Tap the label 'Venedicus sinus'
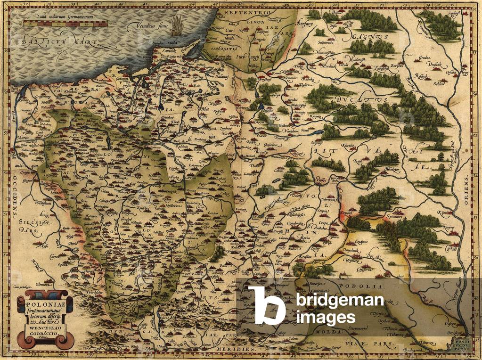coord(149,26)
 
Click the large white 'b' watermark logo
coord(267,305)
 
